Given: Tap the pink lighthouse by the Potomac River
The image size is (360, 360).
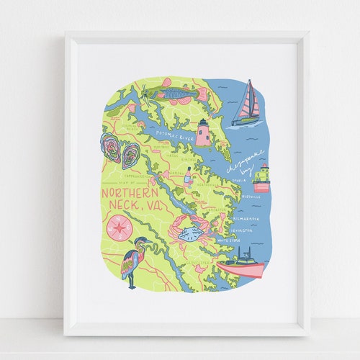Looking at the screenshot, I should (203, 132).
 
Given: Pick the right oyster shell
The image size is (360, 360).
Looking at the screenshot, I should (130, 155).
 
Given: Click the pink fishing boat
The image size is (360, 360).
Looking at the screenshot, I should (241, 265).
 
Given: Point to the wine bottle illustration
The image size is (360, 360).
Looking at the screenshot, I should (189, 176).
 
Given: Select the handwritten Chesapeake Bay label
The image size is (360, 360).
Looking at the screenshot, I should (244, 164).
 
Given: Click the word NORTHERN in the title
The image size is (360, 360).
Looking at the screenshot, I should (130, 193).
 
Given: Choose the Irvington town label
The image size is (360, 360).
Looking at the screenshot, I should (243, 230).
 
